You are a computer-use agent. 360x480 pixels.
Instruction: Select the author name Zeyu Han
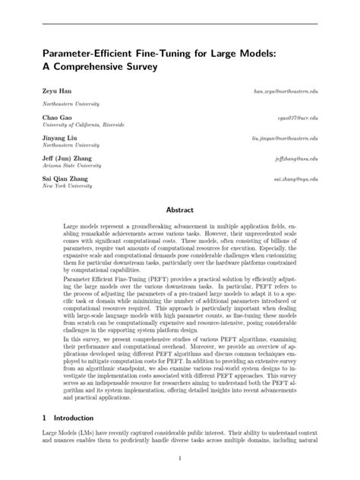point(55,90)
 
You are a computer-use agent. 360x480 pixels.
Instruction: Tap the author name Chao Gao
point(55,118)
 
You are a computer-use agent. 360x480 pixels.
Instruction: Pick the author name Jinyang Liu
point(59,137)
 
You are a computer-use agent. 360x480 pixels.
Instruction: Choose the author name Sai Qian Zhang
point(65,178)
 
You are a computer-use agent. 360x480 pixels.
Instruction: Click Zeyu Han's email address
point(286,90)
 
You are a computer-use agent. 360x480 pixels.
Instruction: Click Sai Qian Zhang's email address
point(295,178)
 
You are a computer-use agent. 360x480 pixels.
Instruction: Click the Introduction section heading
point(73,418)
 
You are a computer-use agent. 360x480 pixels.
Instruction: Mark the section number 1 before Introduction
point(45,418)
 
